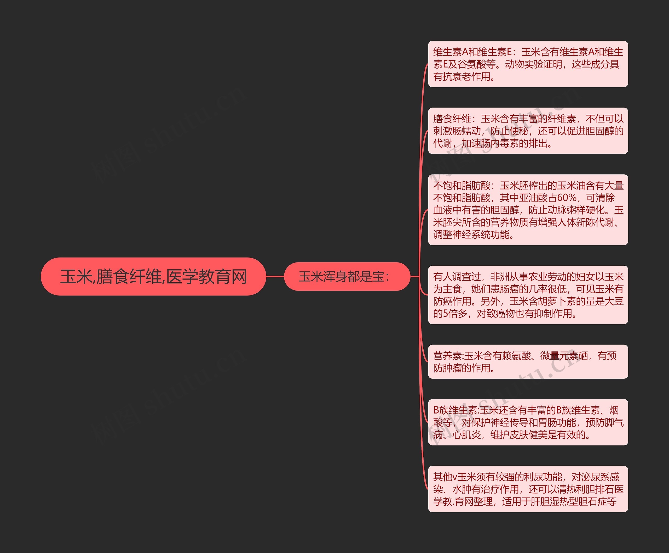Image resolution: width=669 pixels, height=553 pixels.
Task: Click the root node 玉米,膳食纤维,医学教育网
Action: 153,276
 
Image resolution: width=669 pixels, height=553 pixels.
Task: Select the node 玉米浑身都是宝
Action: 347,276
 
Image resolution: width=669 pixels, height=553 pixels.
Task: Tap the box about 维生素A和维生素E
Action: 528,64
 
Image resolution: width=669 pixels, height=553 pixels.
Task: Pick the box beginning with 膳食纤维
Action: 528,131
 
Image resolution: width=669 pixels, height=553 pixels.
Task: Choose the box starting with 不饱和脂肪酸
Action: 528,210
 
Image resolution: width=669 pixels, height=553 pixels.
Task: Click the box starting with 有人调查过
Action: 528,295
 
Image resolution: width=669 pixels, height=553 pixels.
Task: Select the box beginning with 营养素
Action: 528,361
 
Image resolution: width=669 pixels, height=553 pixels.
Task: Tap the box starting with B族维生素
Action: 528,422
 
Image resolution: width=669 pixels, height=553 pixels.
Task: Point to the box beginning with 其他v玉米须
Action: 528,489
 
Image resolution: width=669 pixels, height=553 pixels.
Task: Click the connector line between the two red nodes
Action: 275,276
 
